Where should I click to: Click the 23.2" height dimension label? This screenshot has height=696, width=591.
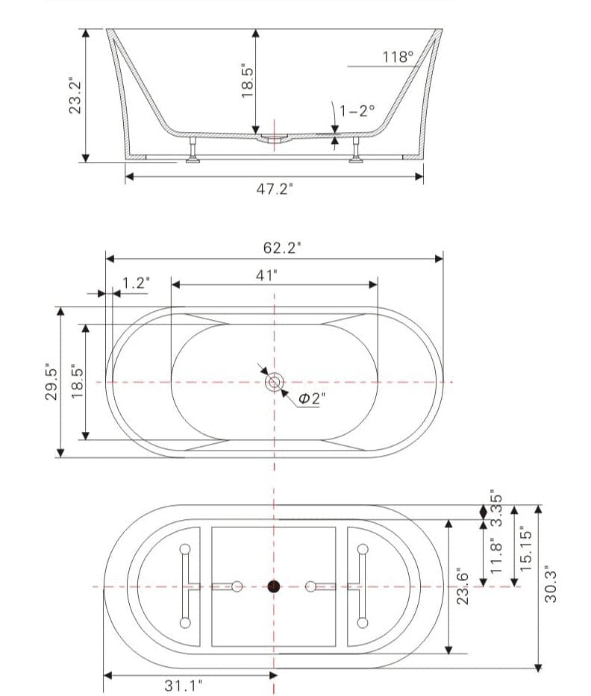point(75,95)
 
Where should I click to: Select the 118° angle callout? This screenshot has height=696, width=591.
point(397,57)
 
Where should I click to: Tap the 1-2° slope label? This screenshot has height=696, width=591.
point(357,110)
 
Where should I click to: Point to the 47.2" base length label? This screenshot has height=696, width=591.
point(275,189)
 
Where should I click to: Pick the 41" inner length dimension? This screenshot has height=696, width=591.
point(266,275)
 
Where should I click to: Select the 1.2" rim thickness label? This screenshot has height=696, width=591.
point(136,283)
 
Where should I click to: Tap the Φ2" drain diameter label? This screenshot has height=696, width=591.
point(309,398)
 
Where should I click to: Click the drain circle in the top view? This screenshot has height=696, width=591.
point(274,383)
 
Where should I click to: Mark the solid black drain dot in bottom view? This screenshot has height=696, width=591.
point(274,586)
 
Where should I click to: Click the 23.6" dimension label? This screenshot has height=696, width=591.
point(463,586)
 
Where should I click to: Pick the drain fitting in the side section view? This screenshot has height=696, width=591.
point(274,139)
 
